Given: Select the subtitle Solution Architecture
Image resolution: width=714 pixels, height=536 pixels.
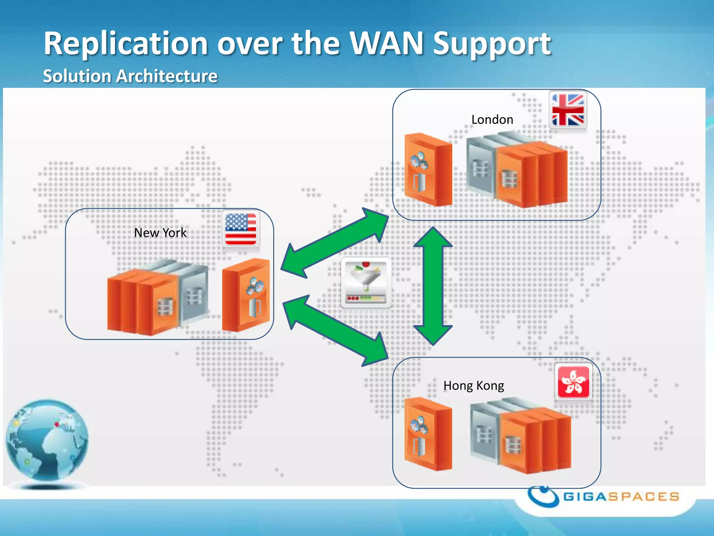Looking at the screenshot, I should (x=130, y=76).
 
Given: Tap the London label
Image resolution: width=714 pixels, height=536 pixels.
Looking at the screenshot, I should (x=492, y=120).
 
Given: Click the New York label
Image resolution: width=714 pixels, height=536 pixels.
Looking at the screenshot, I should (x=160, y=233).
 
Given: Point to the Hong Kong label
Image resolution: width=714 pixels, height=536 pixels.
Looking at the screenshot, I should (x=473, y=386).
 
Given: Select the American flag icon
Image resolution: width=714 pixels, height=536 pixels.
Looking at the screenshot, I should (x=241, y=229).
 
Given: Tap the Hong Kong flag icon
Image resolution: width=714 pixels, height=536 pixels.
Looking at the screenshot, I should (x=573, y=382).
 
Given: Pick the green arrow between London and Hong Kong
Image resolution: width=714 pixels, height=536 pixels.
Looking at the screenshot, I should (x=433, y=286).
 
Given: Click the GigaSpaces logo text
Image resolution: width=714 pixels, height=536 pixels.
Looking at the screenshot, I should (x=621, y=497).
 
